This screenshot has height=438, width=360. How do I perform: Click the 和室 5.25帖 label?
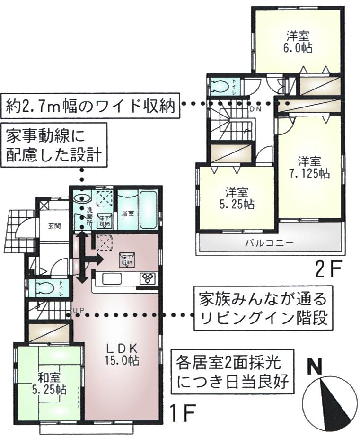50,384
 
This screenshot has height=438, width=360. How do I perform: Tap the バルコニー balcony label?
270,243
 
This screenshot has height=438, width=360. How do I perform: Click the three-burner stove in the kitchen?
147,278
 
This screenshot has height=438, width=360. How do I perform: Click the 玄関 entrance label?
53,226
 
